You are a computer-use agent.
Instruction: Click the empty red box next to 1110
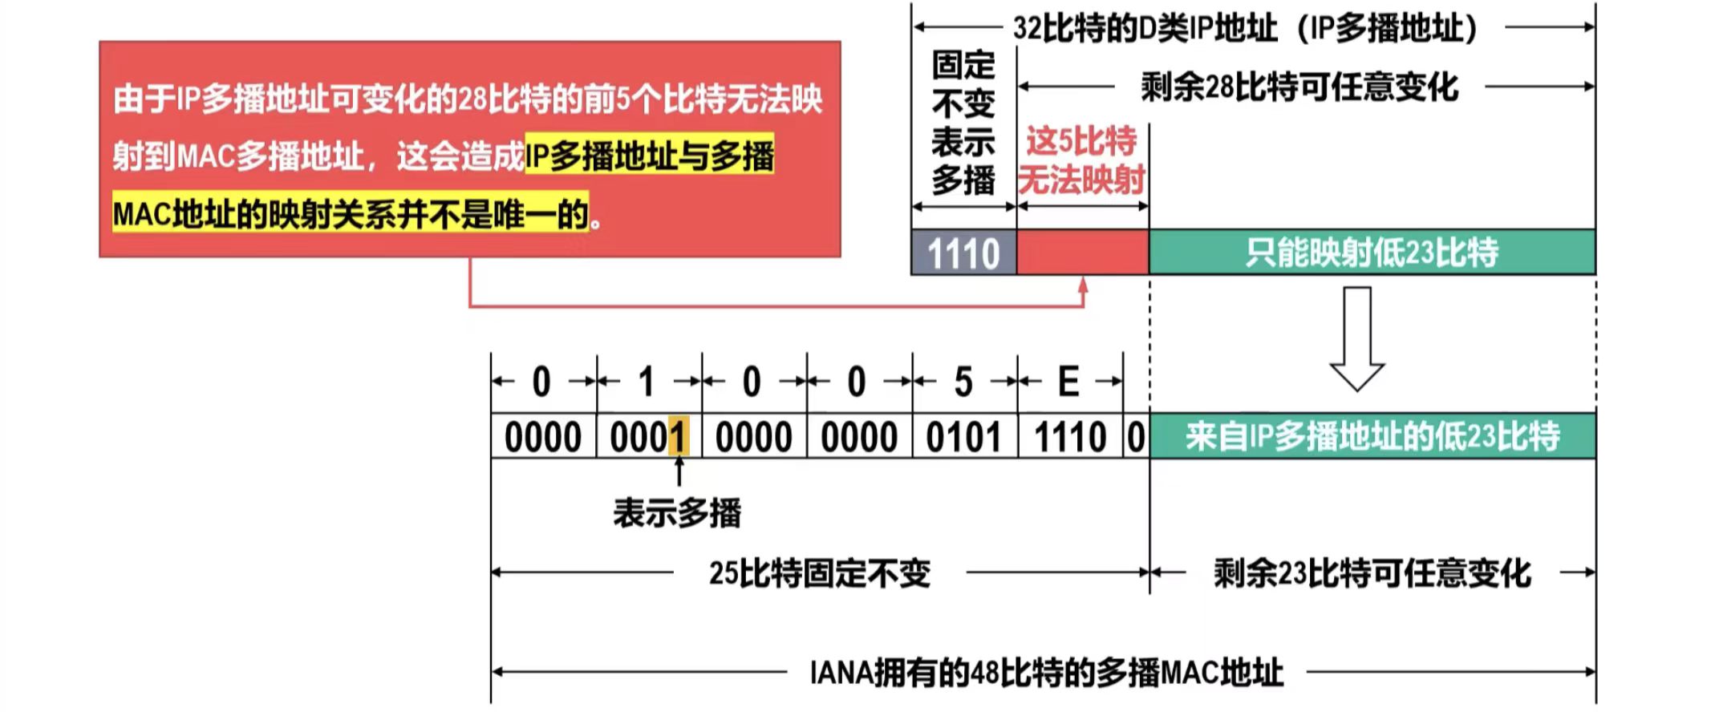1082,253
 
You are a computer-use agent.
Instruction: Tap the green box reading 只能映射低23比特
1372,253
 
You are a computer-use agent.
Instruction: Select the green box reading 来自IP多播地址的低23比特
1372,437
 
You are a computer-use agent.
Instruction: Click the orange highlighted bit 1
679,437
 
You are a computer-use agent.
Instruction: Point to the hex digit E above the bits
1068,382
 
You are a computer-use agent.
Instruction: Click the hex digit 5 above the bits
963,382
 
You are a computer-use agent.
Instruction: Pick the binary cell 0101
963,437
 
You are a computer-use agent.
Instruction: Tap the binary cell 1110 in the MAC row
1070,437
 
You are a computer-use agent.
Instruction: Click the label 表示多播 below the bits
677,513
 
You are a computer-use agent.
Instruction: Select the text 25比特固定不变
819,573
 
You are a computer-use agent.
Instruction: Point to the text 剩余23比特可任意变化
1372,573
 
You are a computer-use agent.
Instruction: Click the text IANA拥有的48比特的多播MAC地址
1046,672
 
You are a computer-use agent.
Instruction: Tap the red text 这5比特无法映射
1081,160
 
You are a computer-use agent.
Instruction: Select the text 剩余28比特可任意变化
1299,87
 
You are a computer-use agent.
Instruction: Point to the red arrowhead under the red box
1083,285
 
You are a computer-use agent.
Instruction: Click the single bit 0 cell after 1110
1136,437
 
